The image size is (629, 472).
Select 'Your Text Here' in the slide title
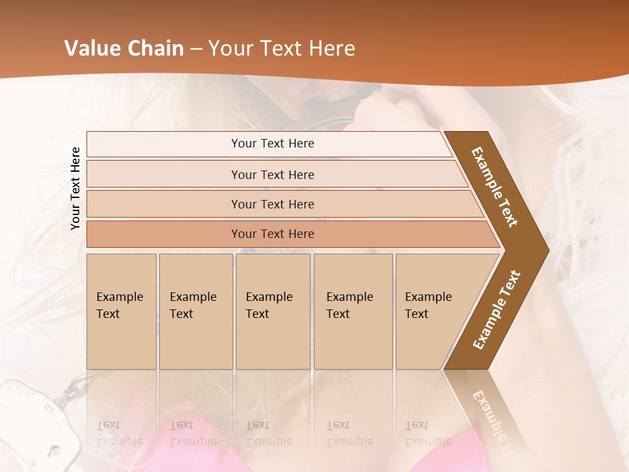(x=282, y=49)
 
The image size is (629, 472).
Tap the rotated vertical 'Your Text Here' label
(x=76, y=188)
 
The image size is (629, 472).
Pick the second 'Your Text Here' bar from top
(x=273, y=174)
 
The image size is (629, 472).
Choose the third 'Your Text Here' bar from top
(x=273, y=204)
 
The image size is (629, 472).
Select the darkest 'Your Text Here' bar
(x=273, y=234)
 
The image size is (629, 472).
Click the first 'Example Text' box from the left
(x=121, y=311)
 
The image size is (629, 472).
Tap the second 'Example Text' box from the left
(x=195, y=311)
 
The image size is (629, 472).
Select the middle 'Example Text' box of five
(x=273, y=311)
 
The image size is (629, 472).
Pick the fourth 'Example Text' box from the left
(x=353, y=311)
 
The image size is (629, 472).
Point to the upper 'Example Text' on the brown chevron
(x=495, y=186)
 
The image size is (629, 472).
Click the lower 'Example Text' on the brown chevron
(x=497, y=310)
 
